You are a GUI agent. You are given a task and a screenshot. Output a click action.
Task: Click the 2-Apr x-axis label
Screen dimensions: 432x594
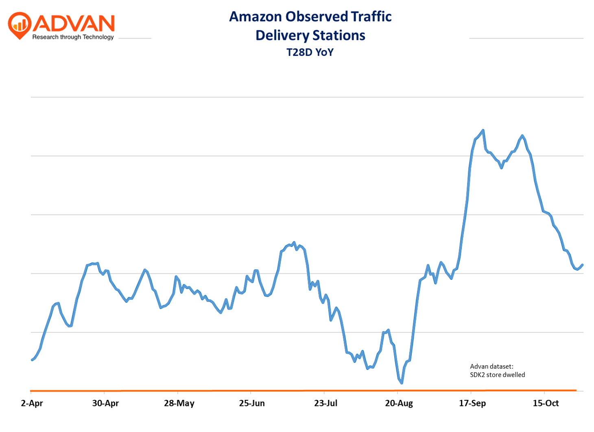click(32, 403)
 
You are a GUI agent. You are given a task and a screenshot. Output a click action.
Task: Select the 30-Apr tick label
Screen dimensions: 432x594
click(105, 403)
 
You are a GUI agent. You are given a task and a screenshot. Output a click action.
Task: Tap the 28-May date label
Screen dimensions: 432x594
click(179, 403)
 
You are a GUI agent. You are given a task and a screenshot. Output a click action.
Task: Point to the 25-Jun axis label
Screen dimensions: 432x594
click(252, 403)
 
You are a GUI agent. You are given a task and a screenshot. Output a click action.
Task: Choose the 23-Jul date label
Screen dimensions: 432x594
click(325, 403)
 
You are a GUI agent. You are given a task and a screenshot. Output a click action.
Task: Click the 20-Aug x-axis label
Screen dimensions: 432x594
click(399, 403)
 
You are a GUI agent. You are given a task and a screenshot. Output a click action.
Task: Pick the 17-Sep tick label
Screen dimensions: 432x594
click(472, 403)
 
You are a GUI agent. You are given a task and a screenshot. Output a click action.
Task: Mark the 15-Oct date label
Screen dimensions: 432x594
click(546, 403)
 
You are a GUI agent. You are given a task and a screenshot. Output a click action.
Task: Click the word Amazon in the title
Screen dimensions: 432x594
click(255, 17)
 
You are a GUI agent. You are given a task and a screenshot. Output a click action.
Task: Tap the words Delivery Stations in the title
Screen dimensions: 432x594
click(310, 35)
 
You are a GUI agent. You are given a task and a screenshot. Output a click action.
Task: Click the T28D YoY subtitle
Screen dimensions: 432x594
click(310, 52)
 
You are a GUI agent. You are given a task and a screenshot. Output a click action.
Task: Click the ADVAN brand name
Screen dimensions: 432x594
click(74, 23)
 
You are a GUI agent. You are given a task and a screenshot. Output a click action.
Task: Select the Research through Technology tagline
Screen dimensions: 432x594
click(73, 37)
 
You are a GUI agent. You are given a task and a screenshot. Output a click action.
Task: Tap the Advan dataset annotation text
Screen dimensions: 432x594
click(491, 367)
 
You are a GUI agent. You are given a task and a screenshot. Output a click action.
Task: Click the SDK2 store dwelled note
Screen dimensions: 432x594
click(497, 375)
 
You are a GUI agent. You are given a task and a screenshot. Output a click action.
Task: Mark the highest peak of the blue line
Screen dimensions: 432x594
click(483, 130)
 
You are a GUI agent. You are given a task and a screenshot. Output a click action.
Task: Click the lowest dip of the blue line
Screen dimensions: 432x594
click(402, 383)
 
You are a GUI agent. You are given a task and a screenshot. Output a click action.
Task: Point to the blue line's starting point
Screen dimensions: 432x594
click(32, 360)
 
